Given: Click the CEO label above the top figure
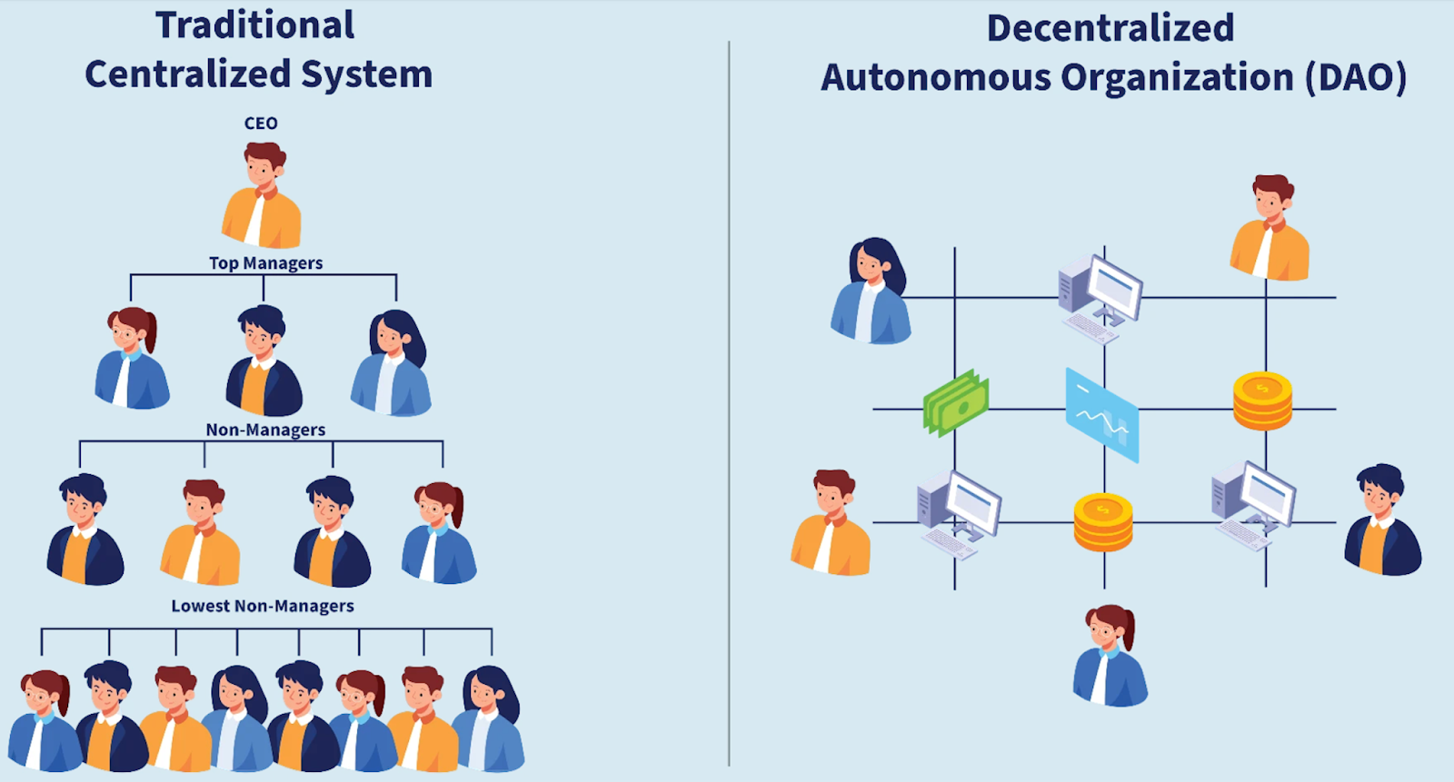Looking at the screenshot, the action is coord(261,124).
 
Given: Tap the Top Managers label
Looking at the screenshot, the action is coord(265,263).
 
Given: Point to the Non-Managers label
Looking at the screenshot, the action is coord(265,431).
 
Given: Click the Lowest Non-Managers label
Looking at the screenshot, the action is coord(263,606).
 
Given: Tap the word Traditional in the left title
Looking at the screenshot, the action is coord(255,25).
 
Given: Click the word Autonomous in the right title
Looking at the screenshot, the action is coord(936,78).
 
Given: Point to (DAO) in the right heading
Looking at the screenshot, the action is coord(1356,78).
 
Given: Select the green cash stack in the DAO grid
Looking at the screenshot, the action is coord(956,402).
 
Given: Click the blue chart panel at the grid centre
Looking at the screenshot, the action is coord(1102,415).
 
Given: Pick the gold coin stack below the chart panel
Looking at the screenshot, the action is coord(1103,522).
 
